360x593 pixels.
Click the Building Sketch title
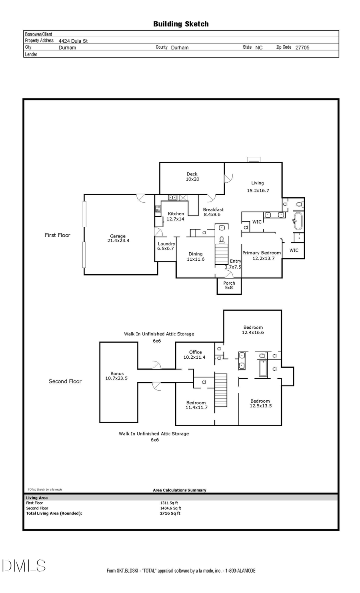tap(181, 24)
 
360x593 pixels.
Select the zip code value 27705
tap(302, 47)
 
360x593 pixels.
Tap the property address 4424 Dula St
tap(73, 41)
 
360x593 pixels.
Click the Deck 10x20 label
tap(192, 177)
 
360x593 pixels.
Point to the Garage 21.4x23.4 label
tap(118, 238)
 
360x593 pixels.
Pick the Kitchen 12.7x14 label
tap(176, 216)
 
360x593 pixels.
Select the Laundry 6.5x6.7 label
tap(166, 246)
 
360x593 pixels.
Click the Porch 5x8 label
tap(229, 285)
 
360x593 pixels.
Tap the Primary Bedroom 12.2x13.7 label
tap(262, 256)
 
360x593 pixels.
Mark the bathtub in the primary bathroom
tap(298, 221)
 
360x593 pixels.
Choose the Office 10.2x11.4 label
tap(195, 355)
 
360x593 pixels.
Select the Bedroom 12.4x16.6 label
tap(253, 330)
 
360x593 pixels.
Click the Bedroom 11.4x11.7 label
tap(196, 405)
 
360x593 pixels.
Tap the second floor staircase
tap(221, 390)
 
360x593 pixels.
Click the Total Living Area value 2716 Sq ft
tap(170, 513)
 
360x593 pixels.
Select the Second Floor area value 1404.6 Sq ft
tap(170, 508)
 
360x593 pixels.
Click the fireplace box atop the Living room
tap(254, 160)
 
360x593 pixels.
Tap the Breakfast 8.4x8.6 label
tap(213, 212)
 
